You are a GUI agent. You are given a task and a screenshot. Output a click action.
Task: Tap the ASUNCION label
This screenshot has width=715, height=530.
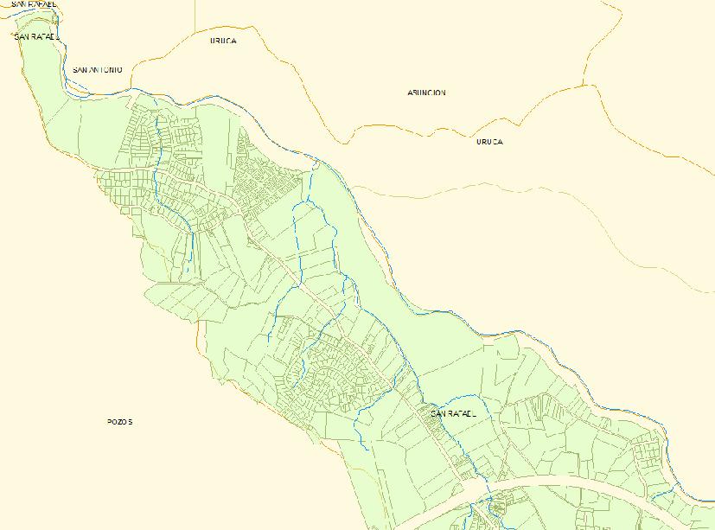[x=426, y=93]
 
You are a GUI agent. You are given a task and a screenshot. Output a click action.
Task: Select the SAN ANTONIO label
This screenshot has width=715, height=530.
[x=98, y=69]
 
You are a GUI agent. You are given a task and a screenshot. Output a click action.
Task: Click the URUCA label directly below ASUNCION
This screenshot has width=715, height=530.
[x=489, y=142]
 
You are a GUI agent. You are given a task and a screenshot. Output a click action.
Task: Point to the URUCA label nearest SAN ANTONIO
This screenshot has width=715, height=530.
[x=223, y=41]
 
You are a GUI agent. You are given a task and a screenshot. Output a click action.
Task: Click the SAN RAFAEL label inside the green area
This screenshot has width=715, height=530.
[x=453, y=414]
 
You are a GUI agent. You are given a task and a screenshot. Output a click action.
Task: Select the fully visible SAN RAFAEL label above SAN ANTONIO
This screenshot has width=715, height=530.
[x=36, y=37]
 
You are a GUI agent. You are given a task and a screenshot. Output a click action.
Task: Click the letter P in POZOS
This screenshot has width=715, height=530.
[x=110, y=422]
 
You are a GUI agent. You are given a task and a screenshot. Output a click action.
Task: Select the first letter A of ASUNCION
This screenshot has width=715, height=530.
[x=410, y=93]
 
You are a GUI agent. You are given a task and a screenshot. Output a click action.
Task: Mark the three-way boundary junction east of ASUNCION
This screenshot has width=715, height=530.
[x=584, y=85]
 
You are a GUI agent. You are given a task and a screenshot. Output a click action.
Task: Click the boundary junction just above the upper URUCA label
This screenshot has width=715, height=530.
[x=195, y=32]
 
